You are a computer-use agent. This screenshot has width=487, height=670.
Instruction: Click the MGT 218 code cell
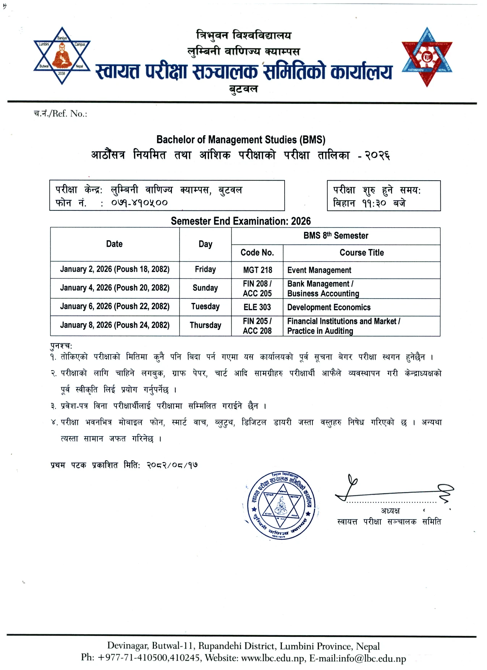(x=257, y=270)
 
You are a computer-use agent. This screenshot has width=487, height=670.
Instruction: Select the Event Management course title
(x=319, y=270)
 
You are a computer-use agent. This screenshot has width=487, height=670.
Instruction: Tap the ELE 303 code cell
(x=257, y=307)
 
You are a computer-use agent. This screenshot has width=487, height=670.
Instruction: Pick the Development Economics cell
(x=328, y=307)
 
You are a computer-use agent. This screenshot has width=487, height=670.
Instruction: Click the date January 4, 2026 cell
(x=115, y=288)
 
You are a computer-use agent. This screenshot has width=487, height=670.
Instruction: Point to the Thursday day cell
(x=205, y=325)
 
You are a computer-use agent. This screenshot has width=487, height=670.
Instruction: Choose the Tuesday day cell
(x=205, y=306)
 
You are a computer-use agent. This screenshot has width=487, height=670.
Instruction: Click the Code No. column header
(x=257, y=252)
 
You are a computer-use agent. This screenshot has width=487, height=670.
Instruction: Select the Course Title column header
(x=362, y=252)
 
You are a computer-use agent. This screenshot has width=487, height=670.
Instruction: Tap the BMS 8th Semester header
(x=336, y=236)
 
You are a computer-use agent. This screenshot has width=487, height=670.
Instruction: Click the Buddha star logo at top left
(x=62, y=56)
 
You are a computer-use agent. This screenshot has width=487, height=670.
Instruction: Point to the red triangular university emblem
(x=427, y=57)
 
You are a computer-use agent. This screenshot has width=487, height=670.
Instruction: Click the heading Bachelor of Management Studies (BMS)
(x=241, y=140)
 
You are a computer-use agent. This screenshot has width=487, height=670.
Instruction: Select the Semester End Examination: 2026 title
(x=241, y=221)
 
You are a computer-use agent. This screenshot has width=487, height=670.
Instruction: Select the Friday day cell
(x=205, y=269)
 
